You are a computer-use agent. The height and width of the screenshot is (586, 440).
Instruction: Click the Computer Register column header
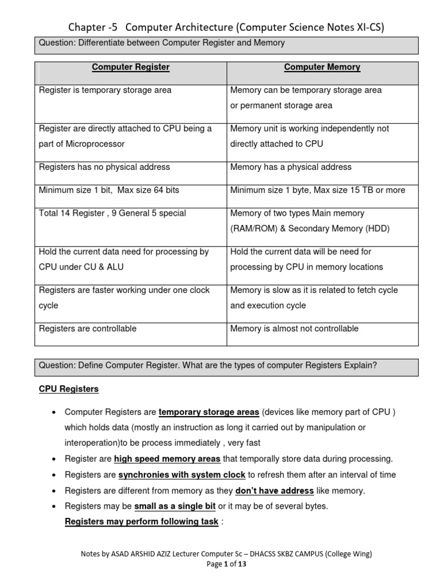[131, 68]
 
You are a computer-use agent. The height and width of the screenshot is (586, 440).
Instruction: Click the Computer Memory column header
[322, 68]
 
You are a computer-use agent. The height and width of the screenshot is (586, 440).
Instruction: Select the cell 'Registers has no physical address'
[104, 167]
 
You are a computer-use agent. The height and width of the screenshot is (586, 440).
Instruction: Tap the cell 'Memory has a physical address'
[290, 167]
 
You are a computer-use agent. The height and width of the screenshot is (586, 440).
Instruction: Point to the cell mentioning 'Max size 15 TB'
[317, 190]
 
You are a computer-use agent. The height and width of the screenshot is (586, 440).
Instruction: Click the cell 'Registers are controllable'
[88, 328]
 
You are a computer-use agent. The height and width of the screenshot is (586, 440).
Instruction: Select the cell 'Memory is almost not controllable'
[294, 328]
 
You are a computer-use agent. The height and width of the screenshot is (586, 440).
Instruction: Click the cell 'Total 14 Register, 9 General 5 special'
[112, 213]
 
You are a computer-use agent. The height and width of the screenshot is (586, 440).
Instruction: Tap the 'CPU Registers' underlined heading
[69, 389]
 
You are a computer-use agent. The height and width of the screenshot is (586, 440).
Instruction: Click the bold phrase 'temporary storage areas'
[209, 412]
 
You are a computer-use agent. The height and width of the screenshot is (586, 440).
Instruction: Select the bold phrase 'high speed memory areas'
[167, 459]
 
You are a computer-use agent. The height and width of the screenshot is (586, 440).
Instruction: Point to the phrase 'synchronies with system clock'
[182, 475]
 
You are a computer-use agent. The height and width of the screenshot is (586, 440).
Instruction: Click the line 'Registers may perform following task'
[142, 522]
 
